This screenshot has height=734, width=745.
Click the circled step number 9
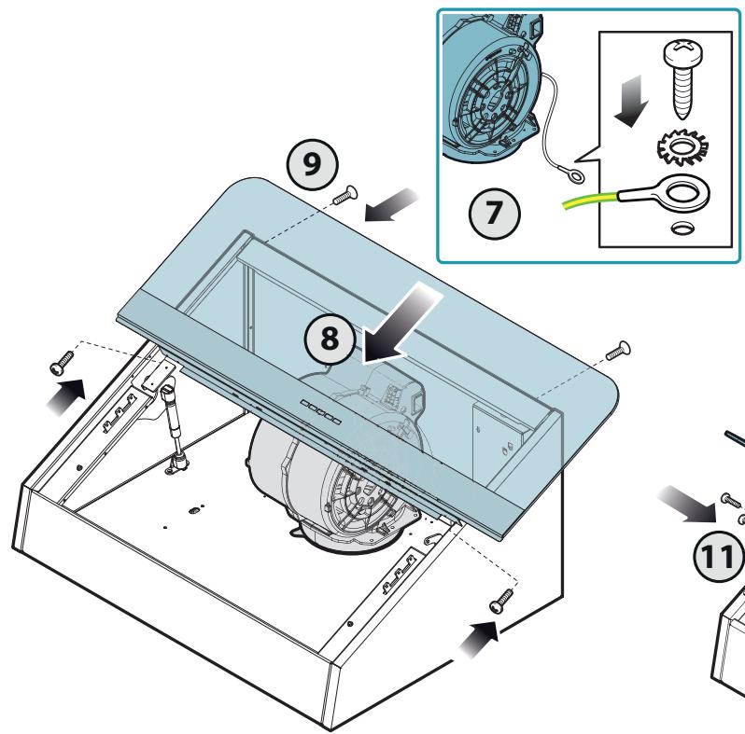[312, 165]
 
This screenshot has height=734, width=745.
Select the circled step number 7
[494, 214]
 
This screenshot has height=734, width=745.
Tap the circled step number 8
[330, 339]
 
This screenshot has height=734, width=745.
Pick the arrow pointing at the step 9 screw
[391, 204]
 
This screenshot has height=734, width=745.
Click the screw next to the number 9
[345, 195]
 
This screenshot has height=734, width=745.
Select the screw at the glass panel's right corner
[618, 351]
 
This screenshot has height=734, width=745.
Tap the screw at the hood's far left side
[63, 363]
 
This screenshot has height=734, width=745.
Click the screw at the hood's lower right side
[501, 600]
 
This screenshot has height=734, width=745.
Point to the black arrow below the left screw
[66, 396]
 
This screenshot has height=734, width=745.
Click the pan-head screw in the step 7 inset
[683, 78]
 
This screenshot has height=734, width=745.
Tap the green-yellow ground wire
[591, 200]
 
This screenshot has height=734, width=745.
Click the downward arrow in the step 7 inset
[632, 101]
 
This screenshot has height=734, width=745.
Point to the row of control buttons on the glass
[321, 412]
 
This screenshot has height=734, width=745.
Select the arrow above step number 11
[687, 504]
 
